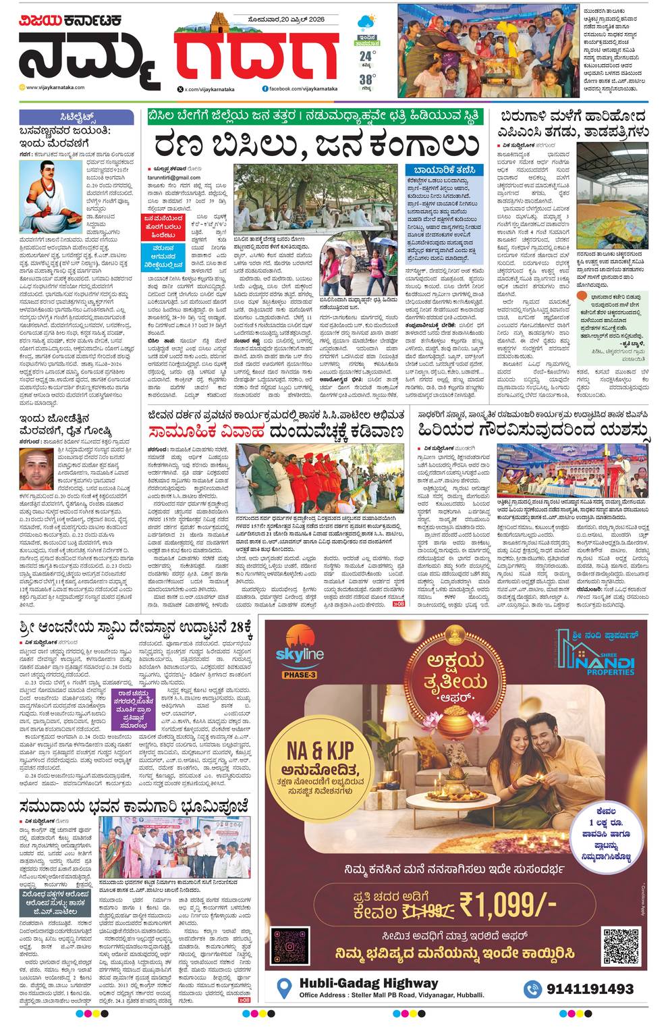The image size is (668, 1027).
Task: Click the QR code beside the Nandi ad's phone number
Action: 620,947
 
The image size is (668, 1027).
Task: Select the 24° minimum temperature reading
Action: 366,55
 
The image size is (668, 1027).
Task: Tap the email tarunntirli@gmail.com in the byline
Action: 173,177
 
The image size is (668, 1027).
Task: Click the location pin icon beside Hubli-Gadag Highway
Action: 285,989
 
